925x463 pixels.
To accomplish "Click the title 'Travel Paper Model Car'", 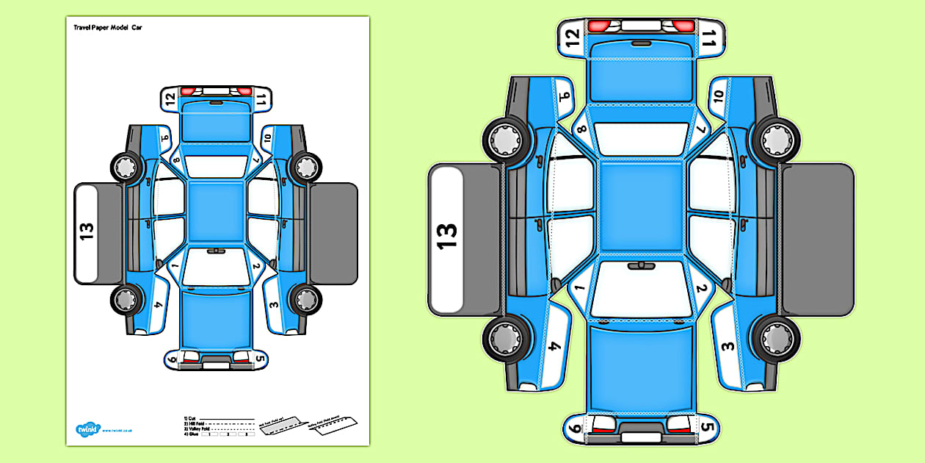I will tap(107, 26).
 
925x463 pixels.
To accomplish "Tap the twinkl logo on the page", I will tap(87, 429).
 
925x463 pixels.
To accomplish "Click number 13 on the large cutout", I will tap(446, 236).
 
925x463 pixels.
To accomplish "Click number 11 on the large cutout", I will tap(708, 37).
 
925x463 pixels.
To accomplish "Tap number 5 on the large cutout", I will tap(707, 427).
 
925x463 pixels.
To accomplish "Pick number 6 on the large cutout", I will tap(574, 427).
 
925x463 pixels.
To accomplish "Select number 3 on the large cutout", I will tap(727, 346).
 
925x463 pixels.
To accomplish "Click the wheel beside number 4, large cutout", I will tap(506, 338).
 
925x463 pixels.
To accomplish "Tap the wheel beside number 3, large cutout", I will tap(776, 338).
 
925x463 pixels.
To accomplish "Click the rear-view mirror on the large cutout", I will tap(641, 265).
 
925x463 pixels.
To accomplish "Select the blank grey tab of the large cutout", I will tap(818, 240).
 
